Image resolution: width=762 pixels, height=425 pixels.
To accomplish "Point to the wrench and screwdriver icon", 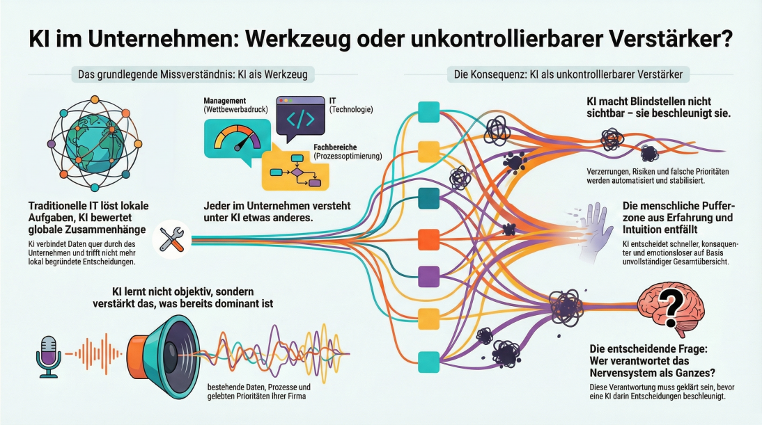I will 171,239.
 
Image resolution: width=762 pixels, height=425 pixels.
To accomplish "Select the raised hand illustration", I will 595,232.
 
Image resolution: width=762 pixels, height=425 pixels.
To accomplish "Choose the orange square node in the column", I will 428,239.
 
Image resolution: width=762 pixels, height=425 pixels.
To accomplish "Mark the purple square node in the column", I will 428,276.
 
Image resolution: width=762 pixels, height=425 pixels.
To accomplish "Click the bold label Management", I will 225,102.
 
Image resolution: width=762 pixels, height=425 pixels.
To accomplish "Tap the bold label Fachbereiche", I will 339,148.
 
